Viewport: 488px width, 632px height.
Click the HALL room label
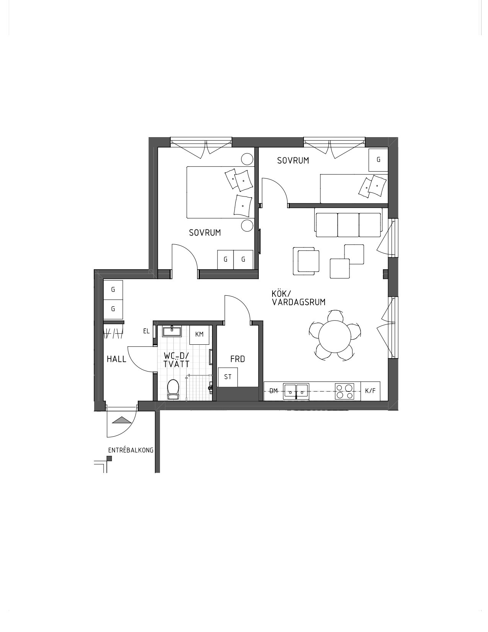[117, 359]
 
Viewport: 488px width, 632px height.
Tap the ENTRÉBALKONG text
[131, 450]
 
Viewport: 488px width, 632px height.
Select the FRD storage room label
[237, 359]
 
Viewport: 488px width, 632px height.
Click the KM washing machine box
[199, 334]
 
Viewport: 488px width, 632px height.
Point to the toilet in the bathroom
[173, 389]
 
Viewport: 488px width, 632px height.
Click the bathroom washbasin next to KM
[172, 331]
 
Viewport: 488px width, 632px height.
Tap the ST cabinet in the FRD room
[228, 377]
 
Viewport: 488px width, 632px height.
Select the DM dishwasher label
[274, 391]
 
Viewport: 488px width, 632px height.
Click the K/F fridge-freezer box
[370, 391]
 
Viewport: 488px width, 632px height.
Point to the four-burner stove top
[344, 391]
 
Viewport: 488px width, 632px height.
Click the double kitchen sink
[296, 391]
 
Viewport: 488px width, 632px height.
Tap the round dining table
[335, 336]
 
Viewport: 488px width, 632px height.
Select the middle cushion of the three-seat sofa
[348, 225]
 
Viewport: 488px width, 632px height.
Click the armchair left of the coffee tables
[306, 261]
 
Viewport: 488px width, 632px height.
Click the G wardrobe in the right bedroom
[379, 160]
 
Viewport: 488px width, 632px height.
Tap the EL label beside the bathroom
[146, 331]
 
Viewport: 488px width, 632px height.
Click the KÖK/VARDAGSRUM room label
[299, 298]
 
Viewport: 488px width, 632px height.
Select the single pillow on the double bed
[243, 206]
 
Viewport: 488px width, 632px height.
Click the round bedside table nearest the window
[247, 159]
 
